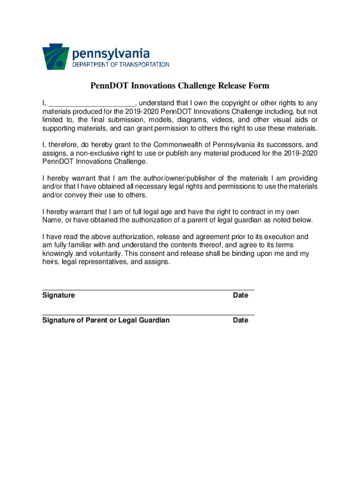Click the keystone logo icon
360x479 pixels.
pyautogui.click(x=56, y=57)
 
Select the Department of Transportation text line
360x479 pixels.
pyautogui.click(x=121, y=65)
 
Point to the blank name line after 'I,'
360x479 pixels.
pyautogui.click(x=92, y=103)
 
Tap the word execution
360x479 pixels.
pyautogui.click(x=277, y=237)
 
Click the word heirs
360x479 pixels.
pyautogui.click(x=51, y=262)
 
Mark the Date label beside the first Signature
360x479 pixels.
pyautogui.click(x=240, y=296)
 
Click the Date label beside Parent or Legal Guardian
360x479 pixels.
pyautogui.click(x=240, y=320)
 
